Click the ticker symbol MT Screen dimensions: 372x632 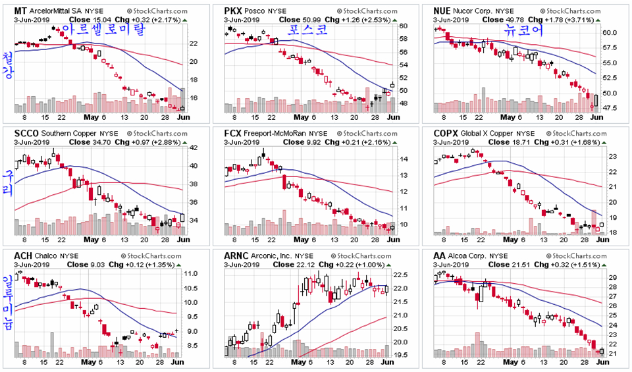click(21, 11)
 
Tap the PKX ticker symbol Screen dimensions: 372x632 click(232, 11)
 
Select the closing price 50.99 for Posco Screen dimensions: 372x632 click(312, 20)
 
